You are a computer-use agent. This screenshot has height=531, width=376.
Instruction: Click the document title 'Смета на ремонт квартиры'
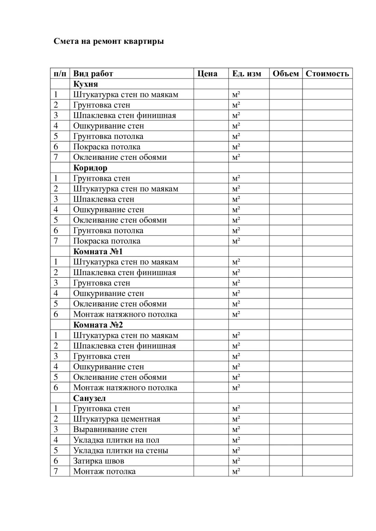pyautogui.click(x=109, y=42)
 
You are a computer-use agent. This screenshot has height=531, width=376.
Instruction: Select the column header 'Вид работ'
pyautogui.click(x=93, y=74)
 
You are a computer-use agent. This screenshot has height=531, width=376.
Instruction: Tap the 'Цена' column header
pyautogui.click(x=207, y=74)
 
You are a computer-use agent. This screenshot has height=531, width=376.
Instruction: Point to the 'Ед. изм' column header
pyautogui.click(x=246, y=74)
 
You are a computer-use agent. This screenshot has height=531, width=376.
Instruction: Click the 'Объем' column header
pyautogui.click(x=286, y=74)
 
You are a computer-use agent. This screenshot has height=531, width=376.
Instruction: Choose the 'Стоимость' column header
pyautogui.click(x=327, y=74)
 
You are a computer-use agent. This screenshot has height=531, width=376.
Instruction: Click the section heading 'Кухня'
pyautogui.click(x=86, y=84)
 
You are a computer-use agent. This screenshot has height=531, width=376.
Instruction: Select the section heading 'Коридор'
pyautogui.click(x=90, y=168)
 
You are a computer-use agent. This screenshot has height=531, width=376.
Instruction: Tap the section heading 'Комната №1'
pyautogui.click(x=98, y=252)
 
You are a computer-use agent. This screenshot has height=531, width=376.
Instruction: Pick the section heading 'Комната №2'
pyautogui.click(x=98, y=325)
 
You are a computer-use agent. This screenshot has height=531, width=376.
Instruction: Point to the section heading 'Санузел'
pyautogui.click(x=89, y=398)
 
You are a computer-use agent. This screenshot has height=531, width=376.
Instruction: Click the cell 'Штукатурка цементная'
pyautogui.click(x=117, y=419)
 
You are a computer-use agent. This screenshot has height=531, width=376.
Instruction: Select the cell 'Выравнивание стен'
pyautogui.click(x=110, y=430)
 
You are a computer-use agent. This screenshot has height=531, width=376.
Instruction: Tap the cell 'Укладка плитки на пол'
pyautogui.click(x=116, y=440)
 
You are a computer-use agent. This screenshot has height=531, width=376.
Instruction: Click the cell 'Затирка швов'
pyautogui.click(x=99, y=461)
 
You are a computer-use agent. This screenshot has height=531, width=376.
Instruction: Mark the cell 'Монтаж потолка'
pyautogui.click(x=104, y=471)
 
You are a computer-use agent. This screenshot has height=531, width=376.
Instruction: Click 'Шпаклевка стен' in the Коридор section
pyautogui.click(x=104, y=199)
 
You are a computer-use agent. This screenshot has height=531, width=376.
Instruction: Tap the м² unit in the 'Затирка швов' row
pyautogui.click(x=236, y=461)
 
